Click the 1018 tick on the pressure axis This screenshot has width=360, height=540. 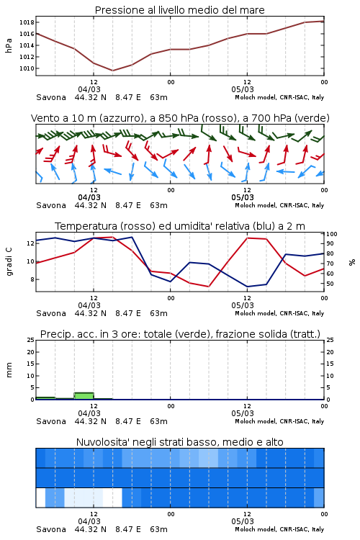(x=27, y=22)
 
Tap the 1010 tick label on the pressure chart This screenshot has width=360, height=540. (x=27, y=68)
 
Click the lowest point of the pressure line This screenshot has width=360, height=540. (x=112, y=71)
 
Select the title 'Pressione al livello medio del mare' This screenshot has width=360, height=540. (x=179, y=10)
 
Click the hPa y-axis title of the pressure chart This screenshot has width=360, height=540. (x=9, y=45)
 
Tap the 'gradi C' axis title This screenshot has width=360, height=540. (x=9, y=261)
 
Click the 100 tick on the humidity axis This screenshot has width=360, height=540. (x=332, y=234)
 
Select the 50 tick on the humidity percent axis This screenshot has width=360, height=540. (x=330, y=284)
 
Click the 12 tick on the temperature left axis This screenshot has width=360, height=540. (x=30, y=243)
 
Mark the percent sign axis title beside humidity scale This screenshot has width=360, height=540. (x=352, y=262)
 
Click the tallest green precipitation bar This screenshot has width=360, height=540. (x=84, y=396)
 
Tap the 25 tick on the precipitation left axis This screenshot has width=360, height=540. (x=30, y=340)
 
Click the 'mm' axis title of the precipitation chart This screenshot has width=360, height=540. (x=9, y=370)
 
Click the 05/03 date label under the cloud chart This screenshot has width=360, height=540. (x=243, y=521)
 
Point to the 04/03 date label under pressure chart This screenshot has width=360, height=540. (x=89, y=89)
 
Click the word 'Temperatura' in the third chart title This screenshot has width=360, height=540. (x=86, y=226)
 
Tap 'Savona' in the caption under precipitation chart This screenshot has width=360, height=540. (x=51, y=421)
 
